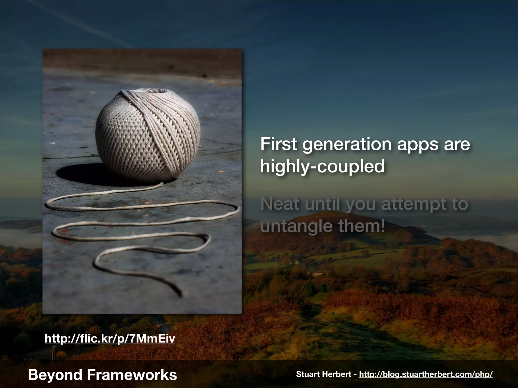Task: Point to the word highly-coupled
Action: coord(322,167)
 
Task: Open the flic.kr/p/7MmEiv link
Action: coord(110,339)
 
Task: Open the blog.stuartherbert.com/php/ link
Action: coord(426,374)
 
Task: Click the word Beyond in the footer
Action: coord(55,375)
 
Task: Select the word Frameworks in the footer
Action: coord(132,375)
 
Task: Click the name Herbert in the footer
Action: coord(336,374)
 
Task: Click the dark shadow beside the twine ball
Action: coord(76,173)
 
